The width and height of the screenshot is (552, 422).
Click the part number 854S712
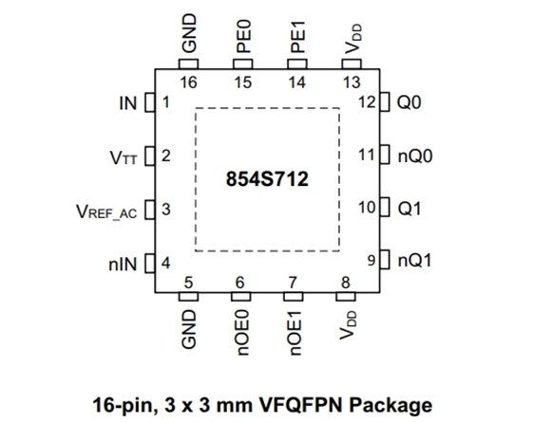point(267,179)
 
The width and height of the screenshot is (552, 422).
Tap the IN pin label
point(128,103)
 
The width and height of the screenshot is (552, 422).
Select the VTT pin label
point(124,157)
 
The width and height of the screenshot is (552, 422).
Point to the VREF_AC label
point(106,211)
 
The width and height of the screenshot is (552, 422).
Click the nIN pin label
point(123,265)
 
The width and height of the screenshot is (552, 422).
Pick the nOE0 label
point(243,333)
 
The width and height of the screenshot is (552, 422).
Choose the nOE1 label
point(295,333)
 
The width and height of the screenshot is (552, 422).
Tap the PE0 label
point(243,37)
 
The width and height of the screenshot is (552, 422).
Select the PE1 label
point(297,37)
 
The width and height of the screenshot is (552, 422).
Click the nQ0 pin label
point(415,156)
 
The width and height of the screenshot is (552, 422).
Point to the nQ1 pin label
point(414,261)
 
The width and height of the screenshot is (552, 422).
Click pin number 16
point(188,83)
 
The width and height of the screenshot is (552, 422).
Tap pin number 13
point(352,83)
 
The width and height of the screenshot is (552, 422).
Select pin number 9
point(371,261)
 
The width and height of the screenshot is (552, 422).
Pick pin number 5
point(188,283)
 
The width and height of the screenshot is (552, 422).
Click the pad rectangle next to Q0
point(385,101)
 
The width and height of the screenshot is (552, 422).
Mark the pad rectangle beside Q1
point(385,207)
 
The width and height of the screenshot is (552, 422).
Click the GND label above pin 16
point(189,33)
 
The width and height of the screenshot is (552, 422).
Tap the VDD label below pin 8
point(348,325)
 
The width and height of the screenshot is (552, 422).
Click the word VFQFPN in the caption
point(300,405)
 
